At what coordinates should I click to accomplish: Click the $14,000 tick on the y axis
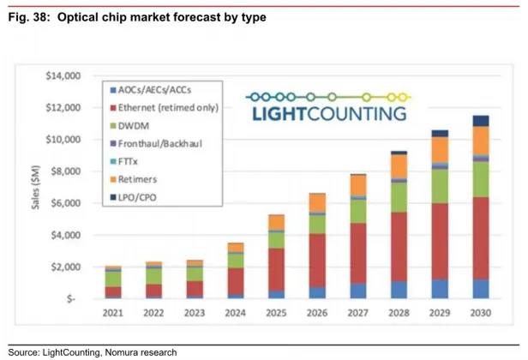coord(61,76)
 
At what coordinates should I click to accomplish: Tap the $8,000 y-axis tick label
coord(63,171)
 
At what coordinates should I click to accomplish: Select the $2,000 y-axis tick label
coord(63,267)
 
